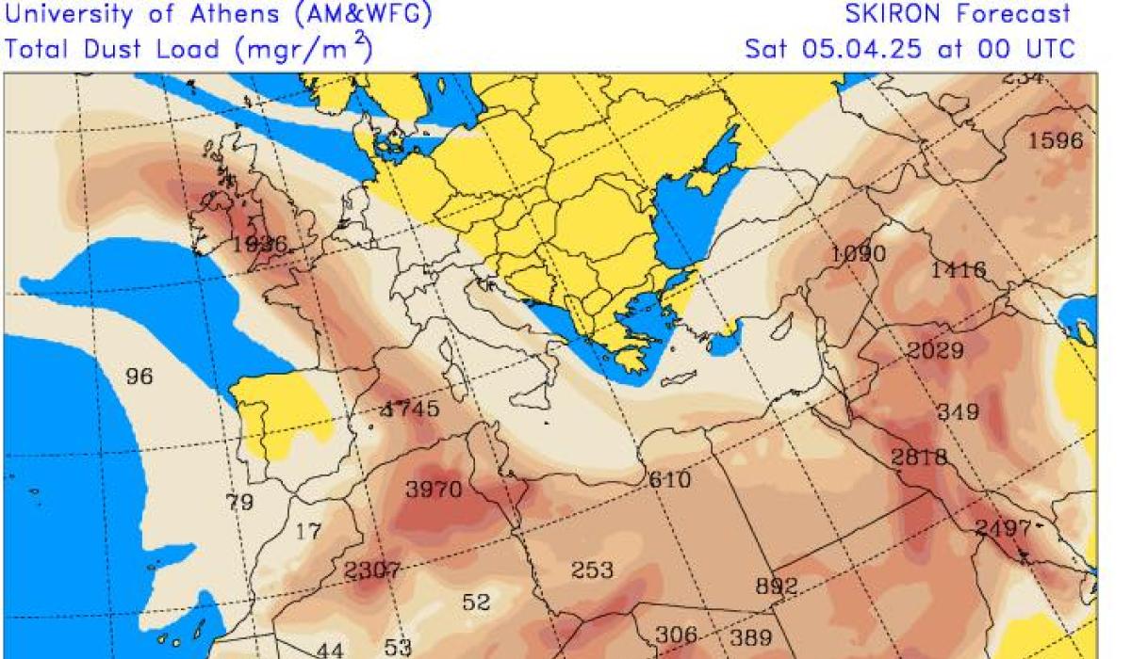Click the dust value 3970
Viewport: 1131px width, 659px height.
434,490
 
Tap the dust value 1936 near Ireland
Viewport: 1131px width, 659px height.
259,244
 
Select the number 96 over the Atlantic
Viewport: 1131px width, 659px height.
139,377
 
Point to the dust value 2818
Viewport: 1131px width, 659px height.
919,458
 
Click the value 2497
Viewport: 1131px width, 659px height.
1003,529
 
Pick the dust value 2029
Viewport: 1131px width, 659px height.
936,351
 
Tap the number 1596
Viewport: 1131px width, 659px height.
1055,141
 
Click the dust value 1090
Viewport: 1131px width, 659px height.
859,254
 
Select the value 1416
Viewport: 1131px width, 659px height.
959,271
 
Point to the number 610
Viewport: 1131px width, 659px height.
669,479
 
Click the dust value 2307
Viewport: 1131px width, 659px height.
373,571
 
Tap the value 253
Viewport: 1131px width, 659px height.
592,571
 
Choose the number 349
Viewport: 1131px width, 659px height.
958,412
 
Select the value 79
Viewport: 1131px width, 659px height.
239,502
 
